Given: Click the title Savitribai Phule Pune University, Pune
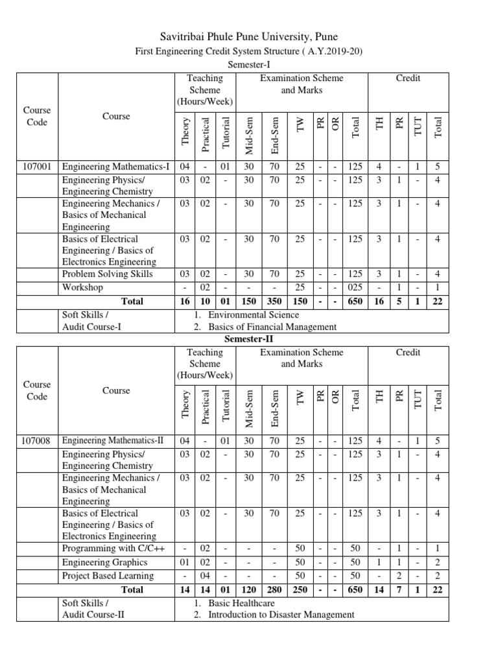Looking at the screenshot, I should tap(249, 36).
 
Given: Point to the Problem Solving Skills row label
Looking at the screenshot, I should tap(108, 274).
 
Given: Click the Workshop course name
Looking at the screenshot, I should tap(82, 287).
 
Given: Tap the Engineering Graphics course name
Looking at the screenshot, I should tap(104, 562).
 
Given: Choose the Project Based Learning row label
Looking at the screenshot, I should tap(108, 576).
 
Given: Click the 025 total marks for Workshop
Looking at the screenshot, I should tap(355, 287).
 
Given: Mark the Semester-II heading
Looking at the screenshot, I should tap(249, 339).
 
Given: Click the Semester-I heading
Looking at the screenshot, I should tap(249, 65).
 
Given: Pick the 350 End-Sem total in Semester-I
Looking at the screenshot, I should tap(274, 301).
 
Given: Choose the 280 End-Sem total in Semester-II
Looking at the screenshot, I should tap(274, 590).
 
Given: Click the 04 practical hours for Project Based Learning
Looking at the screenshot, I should tap(205, 576).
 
